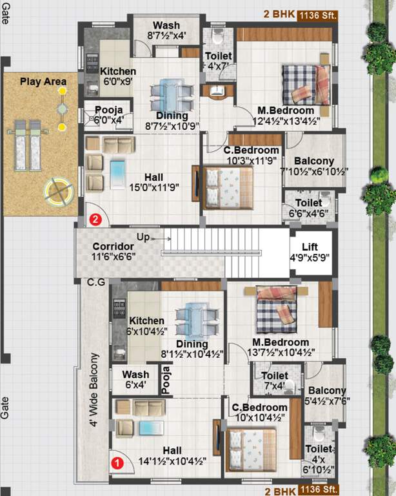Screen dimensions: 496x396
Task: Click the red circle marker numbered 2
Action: pyautogui.click(x=95, y=219)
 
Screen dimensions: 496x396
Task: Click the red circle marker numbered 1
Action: pyautogui.click(x=117, y=462)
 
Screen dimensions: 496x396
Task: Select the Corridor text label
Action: pyautogui.click(x=113, y=247)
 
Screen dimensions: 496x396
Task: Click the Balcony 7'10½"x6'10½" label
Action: pyautogui.click(x=313, y=166)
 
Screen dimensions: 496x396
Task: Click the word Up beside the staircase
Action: pyautogui.click(x=143, y=237)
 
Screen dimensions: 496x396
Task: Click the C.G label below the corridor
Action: pyautogui.click(x=96, y=283)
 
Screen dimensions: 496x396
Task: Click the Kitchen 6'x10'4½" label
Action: pyautogui.click(x=146, y=325)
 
